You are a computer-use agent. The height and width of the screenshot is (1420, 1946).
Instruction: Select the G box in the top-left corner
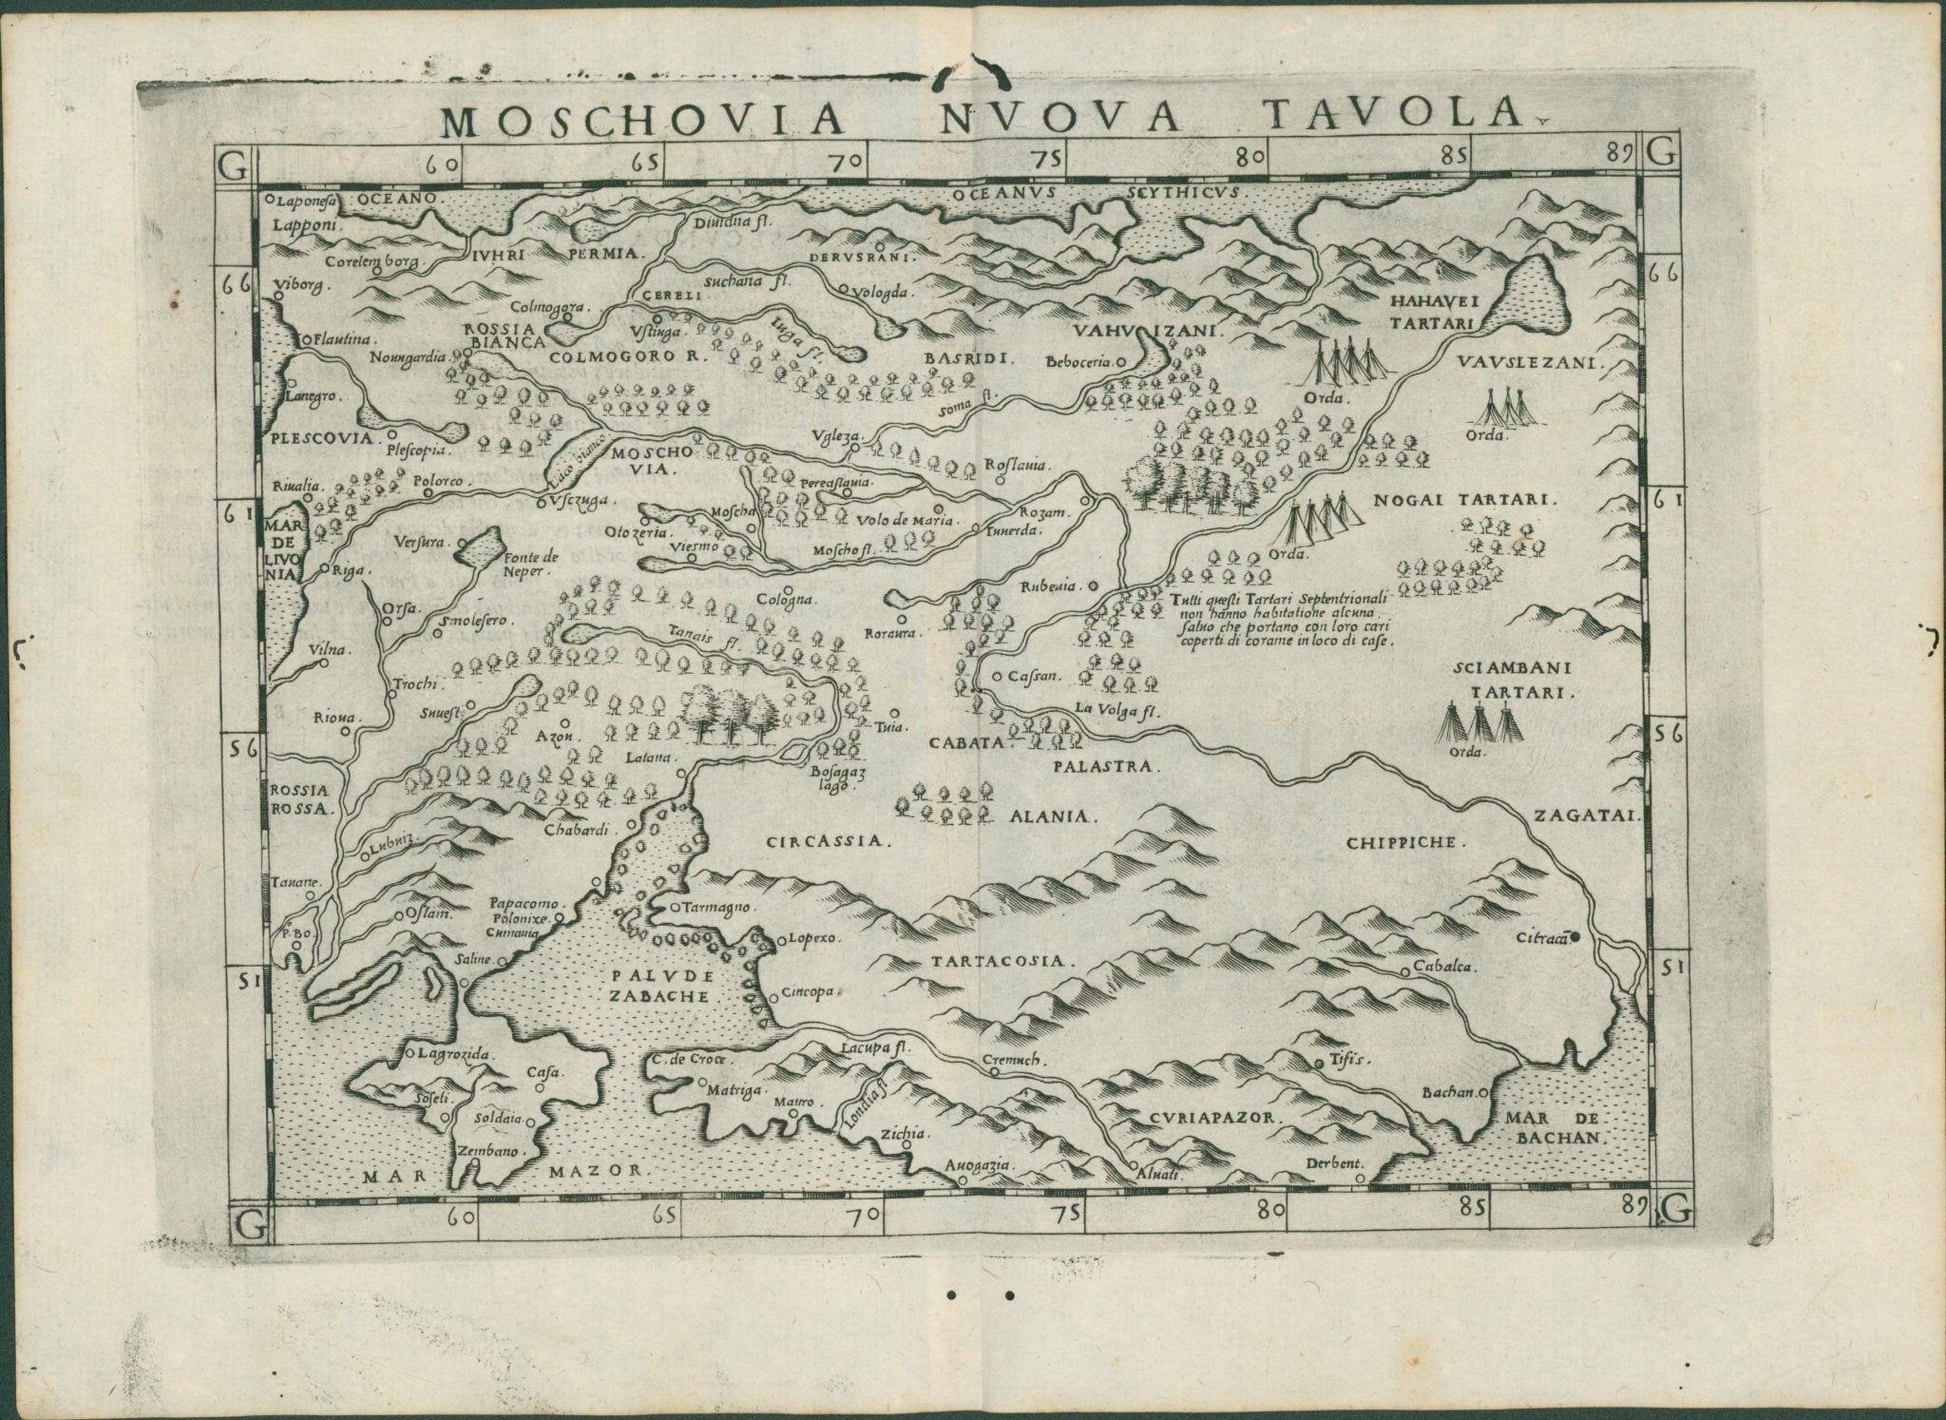tap(233, 163)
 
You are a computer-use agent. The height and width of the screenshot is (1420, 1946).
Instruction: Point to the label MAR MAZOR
tap(503, 1171)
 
